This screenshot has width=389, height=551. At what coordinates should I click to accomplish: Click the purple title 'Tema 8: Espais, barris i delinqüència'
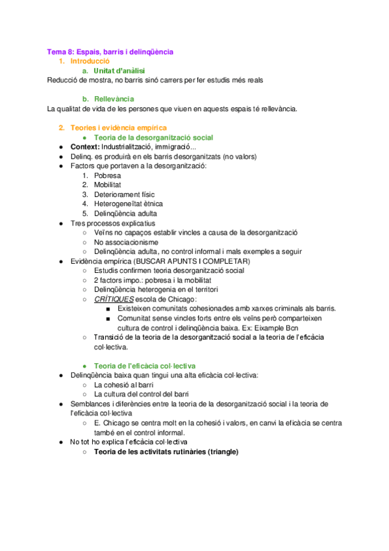pos(110,51)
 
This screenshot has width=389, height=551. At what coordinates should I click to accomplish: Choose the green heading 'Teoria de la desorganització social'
pos(153,138)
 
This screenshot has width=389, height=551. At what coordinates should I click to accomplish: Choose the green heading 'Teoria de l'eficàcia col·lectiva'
pos(145,366)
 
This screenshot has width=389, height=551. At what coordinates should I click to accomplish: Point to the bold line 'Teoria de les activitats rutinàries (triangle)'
pos(166,452)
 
